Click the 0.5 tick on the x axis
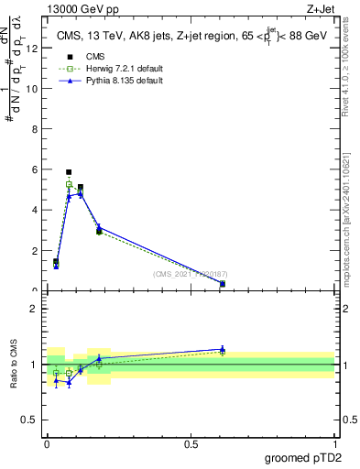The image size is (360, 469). click(191, 443)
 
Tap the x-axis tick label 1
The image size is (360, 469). click(335, 443)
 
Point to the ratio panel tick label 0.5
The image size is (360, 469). click(29, 421)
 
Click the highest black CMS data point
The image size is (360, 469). click(69, 171)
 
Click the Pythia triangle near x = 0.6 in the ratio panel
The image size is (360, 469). click(223, 348)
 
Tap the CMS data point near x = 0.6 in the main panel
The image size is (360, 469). click(223, 284)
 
